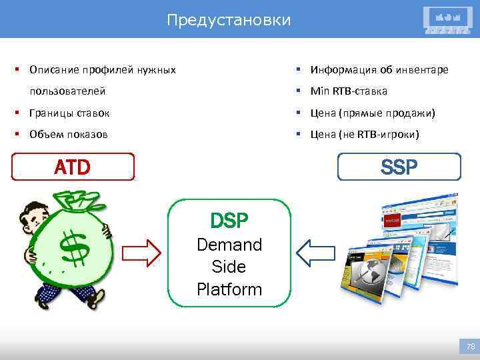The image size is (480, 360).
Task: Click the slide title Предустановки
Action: click(x=229, y=21)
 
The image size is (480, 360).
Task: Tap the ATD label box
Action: click(x=73, y=167)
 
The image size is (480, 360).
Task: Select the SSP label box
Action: click(x=399, y=167)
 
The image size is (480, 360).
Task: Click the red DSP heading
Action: click(x=229, y=220)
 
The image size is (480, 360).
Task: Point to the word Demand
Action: click(x=229, y=245)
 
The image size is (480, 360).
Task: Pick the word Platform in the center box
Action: click(x=229, y=289)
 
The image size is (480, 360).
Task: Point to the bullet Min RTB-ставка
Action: click(x=349, y=91)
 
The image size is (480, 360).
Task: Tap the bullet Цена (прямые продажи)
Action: click(x=373, y=113)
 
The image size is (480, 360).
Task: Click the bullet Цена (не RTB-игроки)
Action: click(x=365, y=135)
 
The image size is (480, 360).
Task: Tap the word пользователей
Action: click(x=67, y=91)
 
